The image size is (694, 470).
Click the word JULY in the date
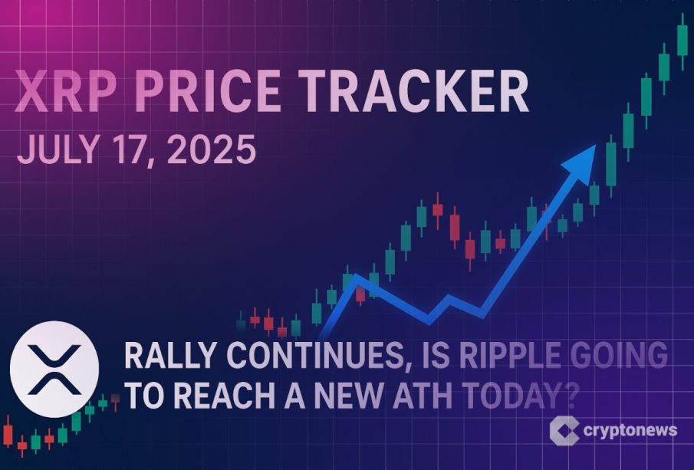[x=57, y=150]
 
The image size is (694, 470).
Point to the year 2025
[x=212, y=150]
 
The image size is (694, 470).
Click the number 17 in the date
[x=131, y=150]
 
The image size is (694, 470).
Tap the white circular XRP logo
[x=54, y=370]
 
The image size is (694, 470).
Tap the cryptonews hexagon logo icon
[x=564, y=430]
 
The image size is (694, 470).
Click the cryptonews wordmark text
[x=630, y=431]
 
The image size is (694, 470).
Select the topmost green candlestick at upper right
[x=682, y=41]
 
